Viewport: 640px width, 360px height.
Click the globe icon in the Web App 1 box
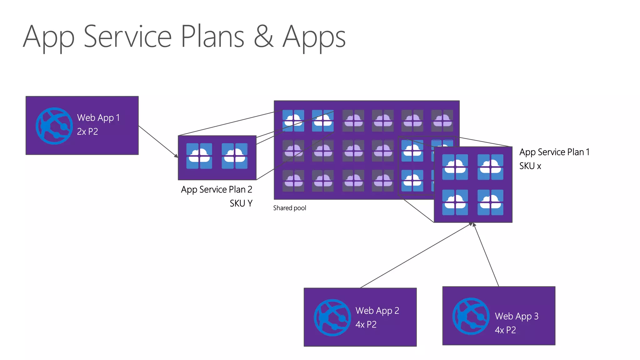coord(54,126)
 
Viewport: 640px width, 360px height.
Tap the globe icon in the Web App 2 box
coord(332,317)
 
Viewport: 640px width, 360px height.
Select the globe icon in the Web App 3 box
coord(471,316)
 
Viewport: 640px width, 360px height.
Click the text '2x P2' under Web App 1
coord(87,132)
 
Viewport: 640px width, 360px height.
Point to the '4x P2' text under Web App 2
coord(366,324)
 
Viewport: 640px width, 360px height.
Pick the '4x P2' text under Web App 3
coord(505,330)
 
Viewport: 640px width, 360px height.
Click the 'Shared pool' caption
coord(290,208)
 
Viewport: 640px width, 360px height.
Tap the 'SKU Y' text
coord(241,203)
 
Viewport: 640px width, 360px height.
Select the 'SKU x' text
coord(530,166)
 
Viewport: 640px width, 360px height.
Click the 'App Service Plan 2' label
coord(216,189)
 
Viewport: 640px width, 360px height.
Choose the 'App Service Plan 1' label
coord(554,152)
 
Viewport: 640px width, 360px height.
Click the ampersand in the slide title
coord(263,37)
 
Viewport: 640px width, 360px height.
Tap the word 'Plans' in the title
coord(212,37)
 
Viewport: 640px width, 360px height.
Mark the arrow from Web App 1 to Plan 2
coord(158,142)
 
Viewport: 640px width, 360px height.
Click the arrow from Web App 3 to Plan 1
coord(486,255)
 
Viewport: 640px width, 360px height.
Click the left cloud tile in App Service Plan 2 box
coord(199,156)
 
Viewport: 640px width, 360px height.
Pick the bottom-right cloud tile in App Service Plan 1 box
coord(490,202)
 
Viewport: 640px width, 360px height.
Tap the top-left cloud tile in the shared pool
coord(293,121)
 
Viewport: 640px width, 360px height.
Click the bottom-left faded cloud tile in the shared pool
coord(293,181)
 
